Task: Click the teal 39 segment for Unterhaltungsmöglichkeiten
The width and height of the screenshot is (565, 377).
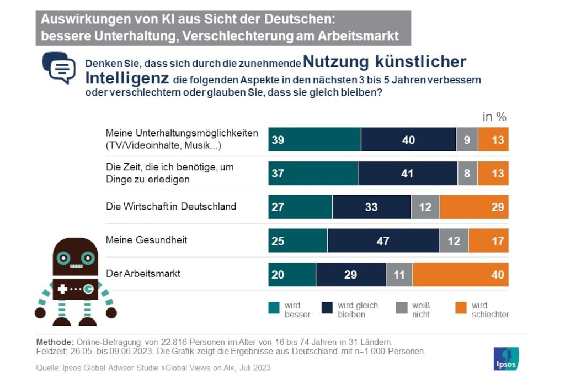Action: click(315, 139)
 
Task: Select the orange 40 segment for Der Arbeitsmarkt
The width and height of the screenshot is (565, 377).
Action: click(460, 274)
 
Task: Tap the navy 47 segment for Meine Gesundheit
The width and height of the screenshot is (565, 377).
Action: click(383, 240)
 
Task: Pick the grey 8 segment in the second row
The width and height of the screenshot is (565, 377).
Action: click(467, 173)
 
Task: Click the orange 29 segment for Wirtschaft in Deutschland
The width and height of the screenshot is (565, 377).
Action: click(473, 207)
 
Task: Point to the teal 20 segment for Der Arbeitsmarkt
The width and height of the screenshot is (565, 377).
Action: click(292, 274)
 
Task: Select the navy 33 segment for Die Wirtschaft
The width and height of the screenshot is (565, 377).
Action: click(371, 207)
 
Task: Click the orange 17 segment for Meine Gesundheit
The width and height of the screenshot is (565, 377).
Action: click(488, 240)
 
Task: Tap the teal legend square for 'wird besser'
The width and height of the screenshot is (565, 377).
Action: click(274, 308)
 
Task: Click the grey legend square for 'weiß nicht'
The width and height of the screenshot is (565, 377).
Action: click(402, 308)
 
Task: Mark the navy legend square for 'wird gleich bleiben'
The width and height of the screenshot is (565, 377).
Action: click(327, 308)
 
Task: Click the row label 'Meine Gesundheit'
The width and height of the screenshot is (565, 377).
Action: click(146, 240)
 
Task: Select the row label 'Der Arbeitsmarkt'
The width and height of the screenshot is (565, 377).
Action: click(143, 274)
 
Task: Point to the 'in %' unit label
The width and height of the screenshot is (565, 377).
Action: click(494, 117)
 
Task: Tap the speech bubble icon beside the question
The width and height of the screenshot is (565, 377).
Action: click(60, 67)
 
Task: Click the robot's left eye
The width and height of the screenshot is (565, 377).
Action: click(64, 258)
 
